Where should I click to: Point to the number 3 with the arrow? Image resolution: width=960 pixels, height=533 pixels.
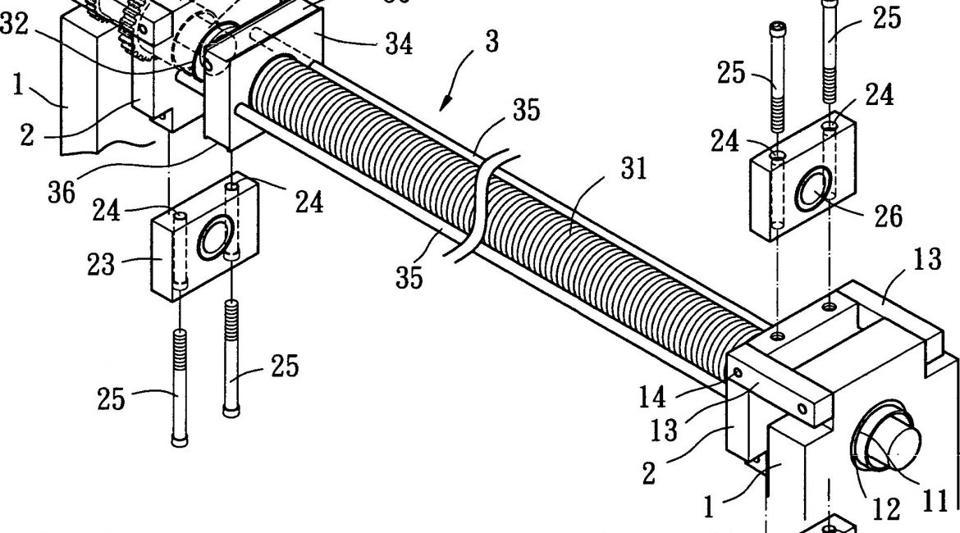pyautogui.click(x=491, y=42)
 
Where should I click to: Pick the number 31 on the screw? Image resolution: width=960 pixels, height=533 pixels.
pyautogui.click(x=633, y=170)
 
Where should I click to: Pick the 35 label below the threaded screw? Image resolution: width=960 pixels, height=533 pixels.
pyautogui.click(x=408, y=277)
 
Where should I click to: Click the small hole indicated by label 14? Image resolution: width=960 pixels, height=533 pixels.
pyautogui.click(x=737, y=373)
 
